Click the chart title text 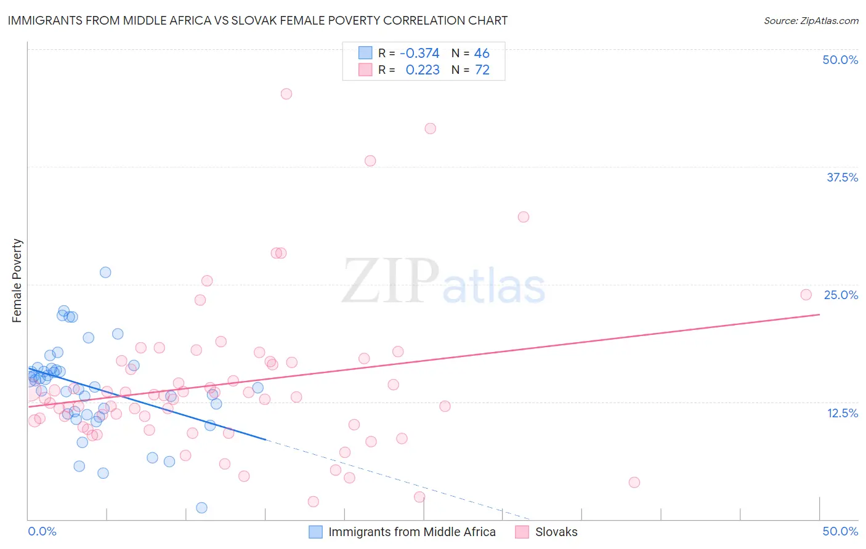[x=257, y=20]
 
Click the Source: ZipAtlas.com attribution [x=811, y=20]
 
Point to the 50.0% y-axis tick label [x=840, y=60]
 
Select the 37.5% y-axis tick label [x=842, y=177]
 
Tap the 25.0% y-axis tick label [x=841, y=295]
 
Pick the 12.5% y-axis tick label [x=842, y=413]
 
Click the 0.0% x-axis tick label [x=42, y=531]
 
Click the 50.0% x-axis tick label [x=840, y=531]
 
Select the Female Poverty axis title [x=17, y=281]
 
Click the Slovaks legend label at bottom [x=556, y=532]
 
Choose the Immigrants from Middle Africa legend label [x=411, y=532]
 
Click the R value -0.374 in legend [x=419, y=53]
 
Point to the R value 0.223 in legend [x=423, y=70]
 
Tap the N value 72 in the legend [x=482, y=70]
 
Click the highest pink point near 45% [x=286, y=94]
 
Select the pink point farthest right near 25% [x=806, y=295]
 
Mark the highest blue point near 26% [x=105, y=272]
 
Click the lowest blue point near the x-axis [x=201, y=508]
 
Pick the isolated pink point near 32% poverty [x=524, y=217]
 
